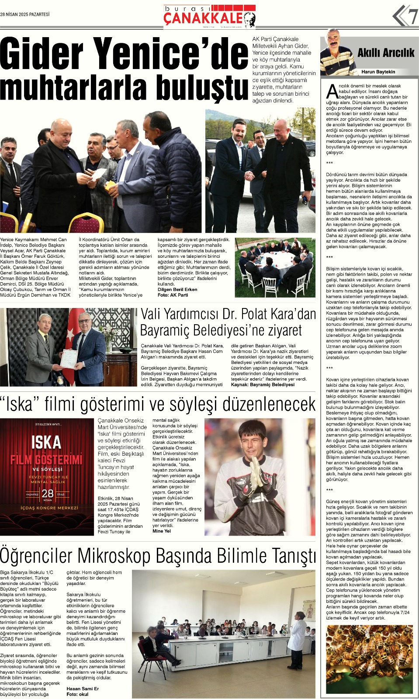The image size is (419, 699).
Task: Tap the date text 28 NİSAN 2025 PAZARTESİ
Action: pyautogui.click(x=25, y=14)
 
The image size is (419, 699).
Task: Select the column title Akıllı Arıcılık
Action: pyautogui.click(x=385, y=53)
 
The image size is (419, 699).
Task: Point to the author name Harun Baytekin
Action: pyautogui.click(x=378, y=72)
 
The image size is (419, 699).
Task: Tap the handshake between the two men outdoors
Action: pyautogui.click(x=250, y=175)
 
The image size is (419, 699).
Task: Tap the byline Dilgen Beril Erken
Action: pyautogui.click(x=177, y=289)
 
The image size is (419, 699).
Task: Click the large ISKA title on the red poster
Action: pyautogui.click(x=46, y=442)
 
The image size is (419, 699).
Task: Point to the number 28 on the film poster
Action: pyautogui.click(x=47, y=494)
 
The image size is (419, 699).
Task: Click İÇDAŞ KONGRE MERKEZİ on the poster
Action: pyautogui.click(x=49, y=508)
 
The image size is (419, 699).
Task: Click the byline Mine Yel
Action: pyautogui.click(x=162, y=531)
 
